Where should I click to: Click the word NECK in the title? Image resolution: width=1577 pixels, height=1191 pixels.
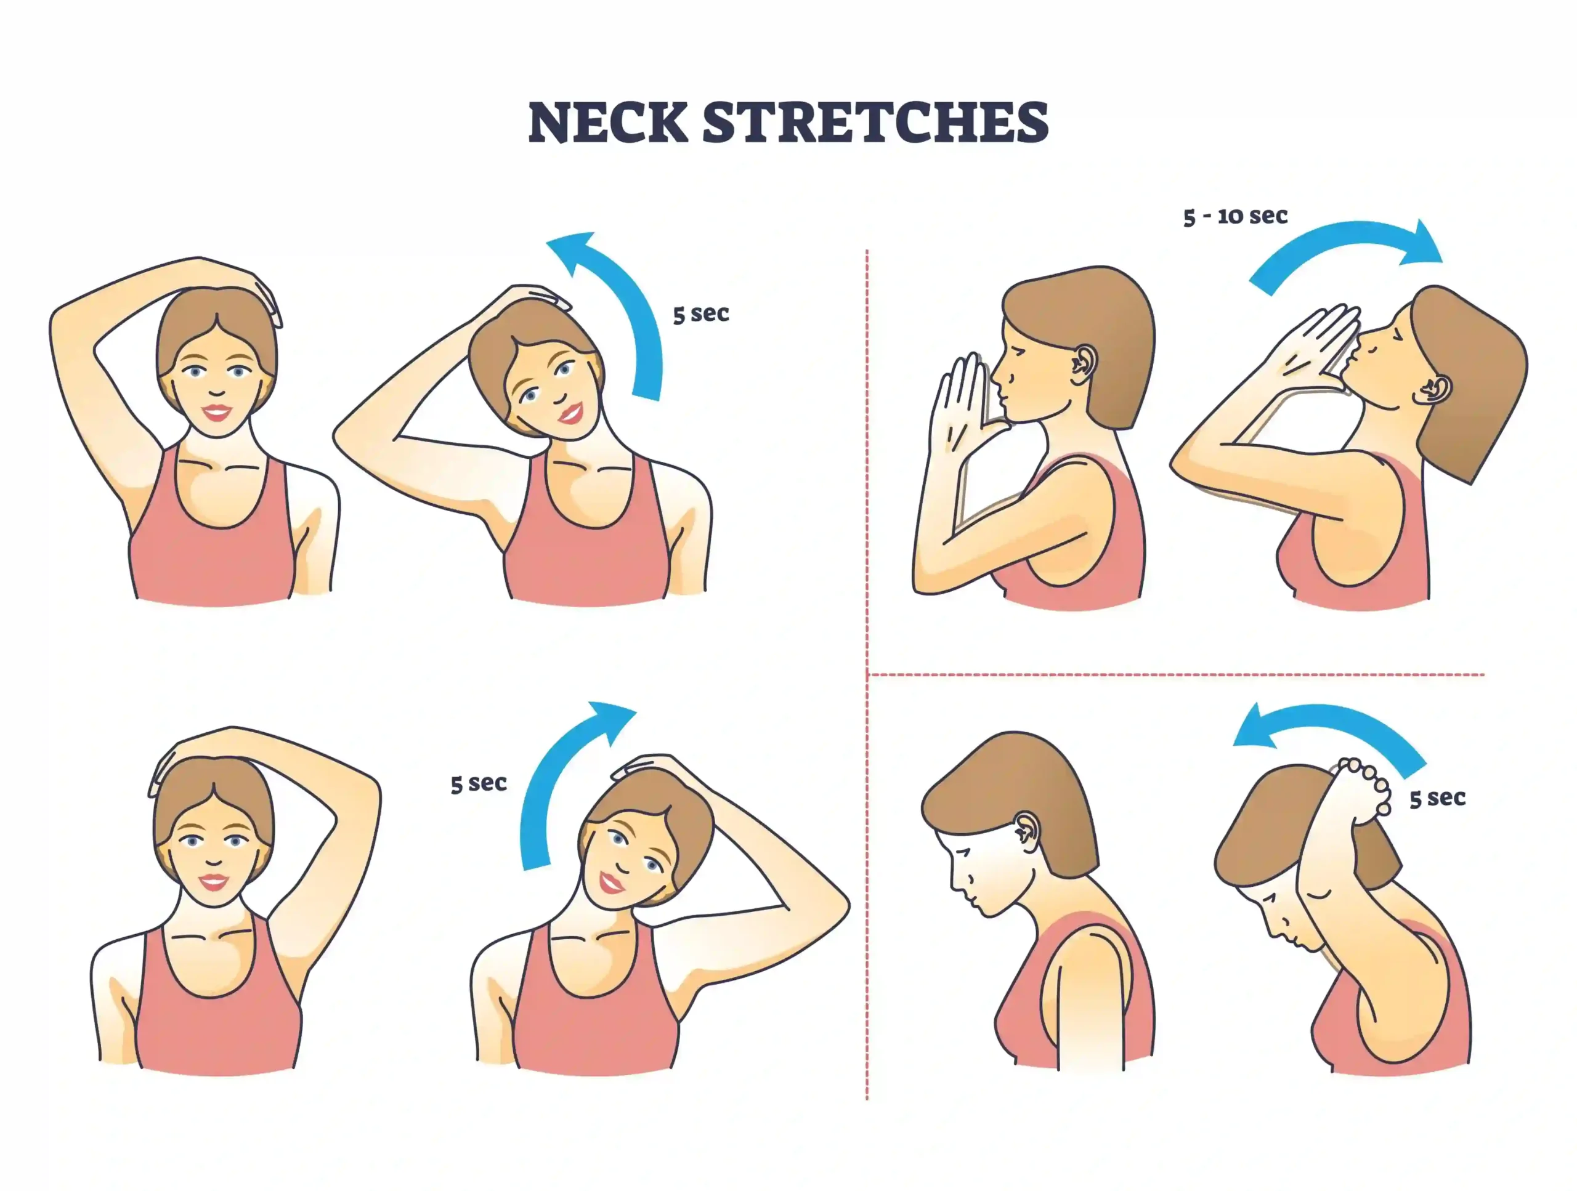[x=608, y=123]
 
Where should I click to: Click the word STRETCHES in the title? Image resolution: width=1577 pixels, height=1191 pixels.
[x=876, y=123]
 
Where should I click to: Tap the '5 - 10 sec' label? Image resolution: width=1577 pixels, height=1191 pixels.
[x=1236, y=216]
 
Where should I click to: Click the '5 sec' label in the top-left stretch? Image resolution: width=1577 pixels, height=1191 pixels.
[x=701, y=313]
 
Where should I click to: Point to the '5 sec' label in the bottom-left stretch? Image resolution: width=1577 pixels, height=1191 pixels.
[x=479, y=783]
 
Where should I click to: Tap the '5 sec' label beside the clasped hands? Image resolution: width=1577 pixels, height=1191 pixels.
[x=1437, y=797]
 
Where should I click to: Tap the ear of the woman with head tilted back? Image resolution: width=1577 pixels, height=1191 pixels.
[x=1435, y=390]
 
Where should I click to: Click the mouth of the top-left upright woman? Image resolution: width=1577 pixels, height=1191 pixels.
[x=216, y=413]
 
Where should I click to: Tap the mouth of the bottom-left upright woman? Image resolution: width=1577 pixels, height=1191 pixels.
[x=213, y=882]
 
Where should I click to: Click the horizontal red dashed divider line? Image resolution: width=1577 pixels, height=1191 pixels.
[x=1177, y=674]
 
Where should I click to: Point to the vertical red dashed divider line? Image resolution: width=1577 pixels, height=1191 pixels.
[x=867, y=674]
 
